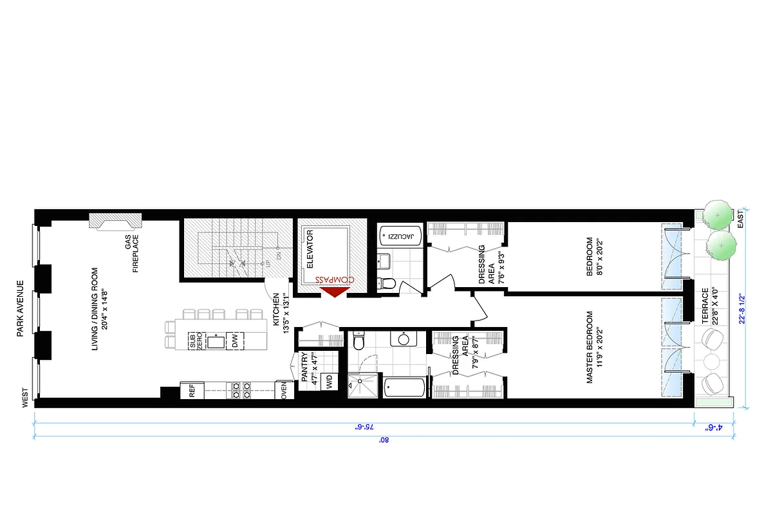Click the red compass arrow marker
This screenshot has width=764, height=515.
(x=335, y=292)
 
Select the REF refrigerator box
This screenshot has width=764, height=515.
(x=191, y=390)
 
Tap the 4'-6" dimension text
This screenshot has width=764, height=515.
(x=712, y=427)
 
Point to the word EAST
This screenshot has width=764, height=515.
(x=740, y=220)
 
